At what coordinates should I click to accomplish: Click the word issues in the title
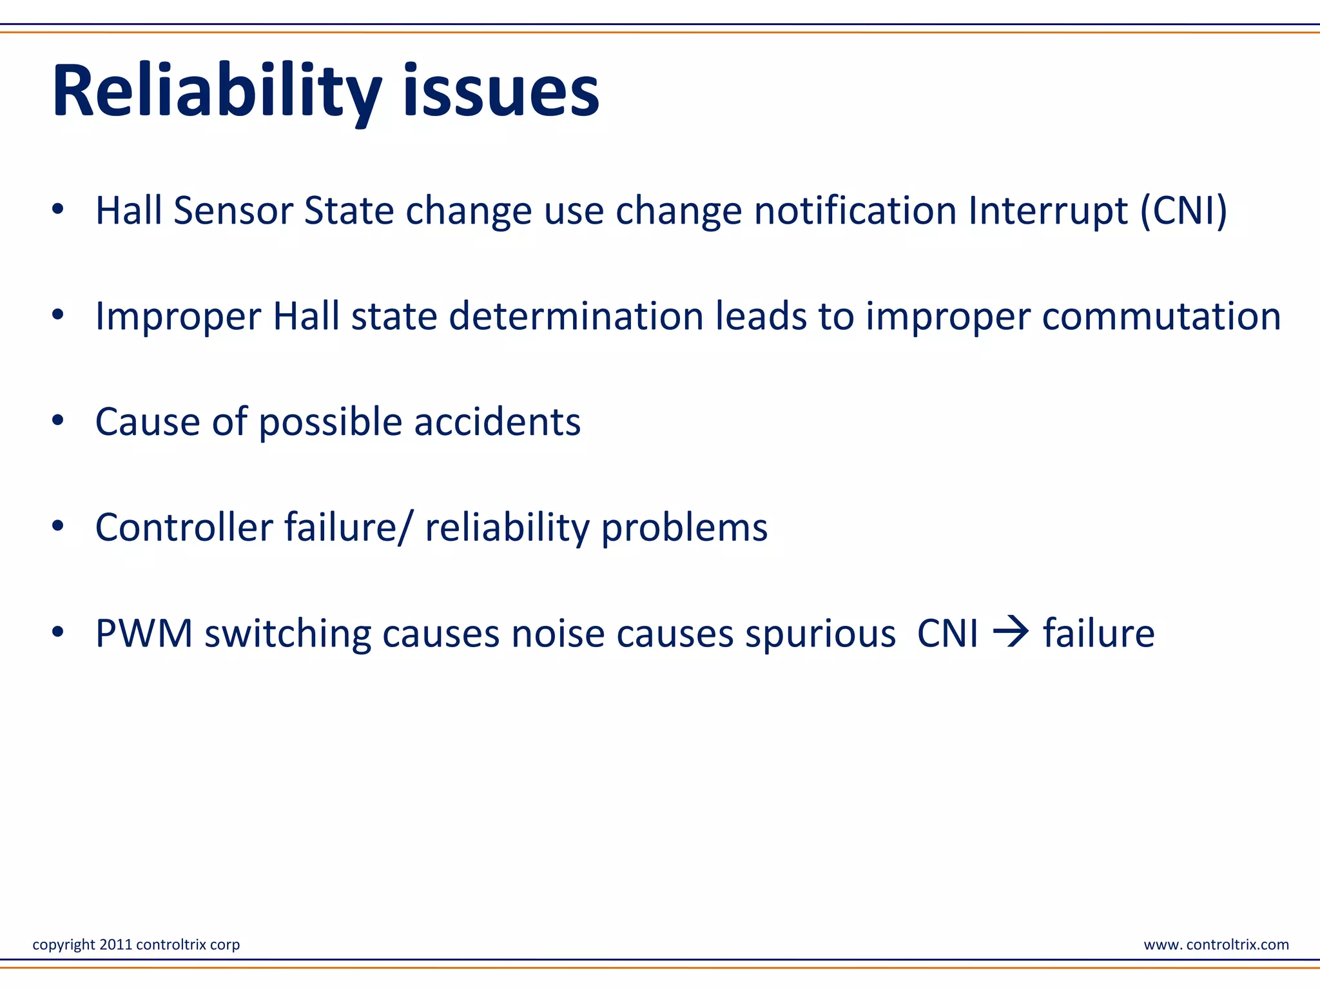(501, 91)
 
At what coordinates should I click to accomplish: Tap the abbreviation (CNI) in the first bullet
(1183, 211)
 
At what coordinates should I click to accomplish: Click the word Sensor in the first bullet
(233, 211)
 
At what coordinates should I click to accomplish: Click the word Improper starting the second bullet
(178, 316)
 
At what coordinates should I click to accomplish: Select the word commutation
(1161, 316)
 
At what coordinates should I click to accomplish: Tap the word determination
(576, 316)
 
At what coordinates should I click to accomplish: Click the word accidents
(497, 422)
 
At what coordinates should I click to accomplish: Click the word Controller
(184, 528)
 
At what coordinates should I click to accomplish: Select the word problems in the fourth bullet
(684, 528)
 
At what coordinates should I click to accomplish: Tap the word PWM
(144, 634)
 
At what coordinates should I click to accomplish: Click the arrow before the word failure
(1010, 632)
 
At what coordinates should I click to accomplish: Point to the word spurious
(820, 635)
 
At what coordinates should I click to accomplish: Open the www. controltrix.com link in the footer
(1216, 944)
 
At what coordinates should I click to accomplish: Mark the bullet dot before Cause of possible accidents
(58, 421)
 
